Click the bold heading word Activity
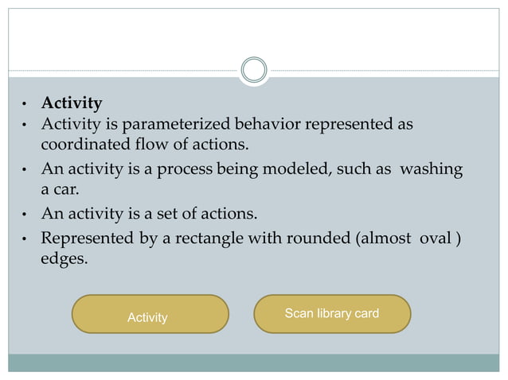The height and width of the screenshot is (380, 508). click(x=72, y=103)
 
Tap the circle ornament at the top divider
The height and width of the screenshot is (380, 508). click(x=254, y=70)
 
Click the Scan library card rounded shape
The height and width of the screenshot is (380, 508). click(x=332, y=313)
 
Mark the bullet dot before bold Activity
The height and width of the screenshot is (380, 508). click(x=25, y=105)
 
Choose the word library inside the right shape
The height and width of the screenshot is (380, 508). click(x=333, y=313)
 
